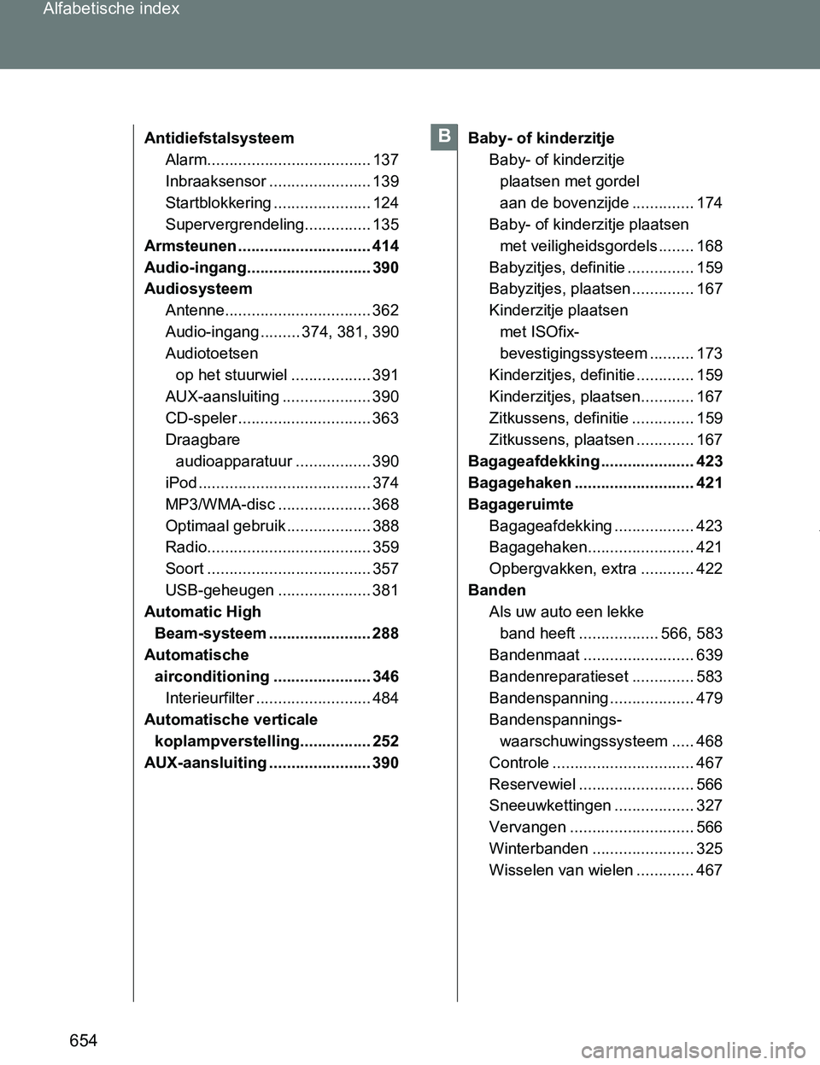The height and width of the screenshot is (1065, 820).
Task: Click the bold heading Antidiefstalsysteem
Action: click(x=219, y=138)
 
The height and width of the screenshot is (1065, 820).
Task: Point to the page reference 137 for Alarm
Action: click(x=385, y=160)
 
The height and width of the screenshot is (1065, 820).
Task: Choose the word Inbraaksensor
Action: click(x=215, y=181)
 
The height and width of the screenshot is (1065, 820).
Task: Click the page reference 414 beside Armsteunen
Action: click(x=385, y=246)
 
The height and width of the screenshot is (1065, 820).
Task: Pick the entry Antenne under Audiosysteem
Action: click(x=195, y=311)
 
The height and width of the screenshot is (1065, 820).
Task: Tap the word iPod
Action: click(x=180, y=483)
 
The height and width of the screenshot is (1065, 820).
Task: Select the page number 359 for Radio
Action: click(x=385, y=547)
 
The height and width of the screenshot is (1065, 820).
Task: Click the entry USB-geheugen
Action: click(x=220, y=590)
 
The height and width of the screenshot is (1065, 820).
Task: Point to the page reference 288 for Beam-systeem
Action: click(x=385, y=634)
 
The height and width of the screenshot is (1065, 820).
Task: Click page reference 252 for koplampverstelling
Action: click(x=385, y=741)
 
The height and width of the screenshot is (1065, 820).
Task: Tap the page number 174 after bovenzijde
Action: click(x=709, y=202)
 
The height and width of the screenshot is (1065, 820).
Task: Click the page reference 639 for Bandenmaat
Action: click(x=709, y=655)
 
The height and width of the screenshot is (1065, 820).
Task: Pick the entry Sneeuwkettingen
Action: click(x=550, y=805)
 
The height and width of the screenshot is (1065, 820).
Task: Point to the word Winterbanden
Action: click(x=538, y=849)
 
